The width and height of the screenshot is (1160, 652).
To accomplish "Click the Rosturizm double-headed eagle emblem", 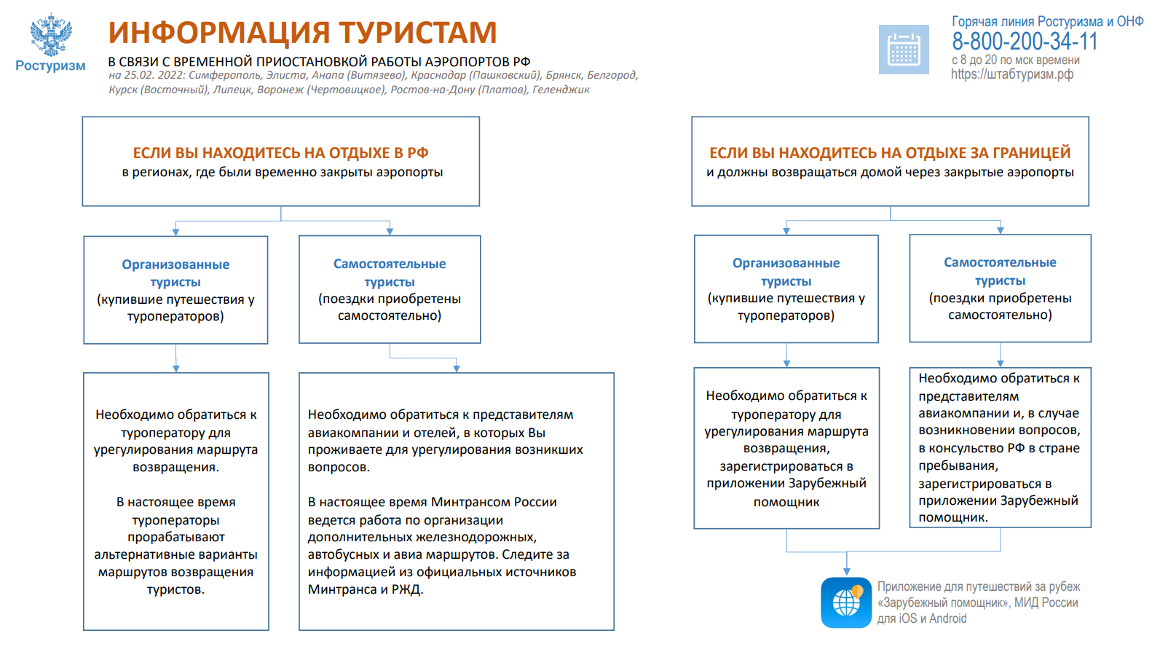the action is (x=51, y=35).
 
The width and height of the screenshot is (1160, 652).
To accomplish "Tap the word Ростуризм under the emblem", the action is (x=50, y=66).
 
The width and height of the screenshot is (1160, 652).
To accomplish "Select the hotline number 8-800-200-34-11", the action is (x=1025, y=42).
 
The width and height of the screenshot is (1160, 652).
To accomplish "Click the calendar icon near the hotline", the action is (x=904, y=50).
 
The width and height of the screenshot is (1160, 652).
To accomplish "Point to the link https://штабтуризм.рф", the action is (x=1012, y=74).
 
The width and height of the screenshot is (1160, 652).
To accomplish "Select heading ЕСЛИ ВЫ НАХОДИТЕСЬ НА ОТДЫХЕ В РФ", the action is (x=280, y=153).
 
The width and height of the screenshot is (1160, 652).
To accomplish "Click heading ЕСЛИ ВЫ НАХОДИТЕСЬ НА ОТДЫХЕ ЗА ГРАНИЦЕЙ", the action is (x=890, y=153).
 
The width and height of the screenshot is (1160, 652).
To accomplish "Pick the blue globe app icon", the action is (x=846, y=602).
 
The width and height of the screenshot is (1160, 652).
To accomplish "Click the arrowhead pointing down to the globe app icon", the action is (x=847, y=571).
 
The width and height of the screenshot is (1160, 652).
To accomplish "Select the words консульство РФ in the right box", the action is (x=976, y=448).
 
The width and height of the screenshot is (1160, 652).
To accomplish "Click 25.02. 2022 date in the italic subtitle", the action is (x=154, y=75).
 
